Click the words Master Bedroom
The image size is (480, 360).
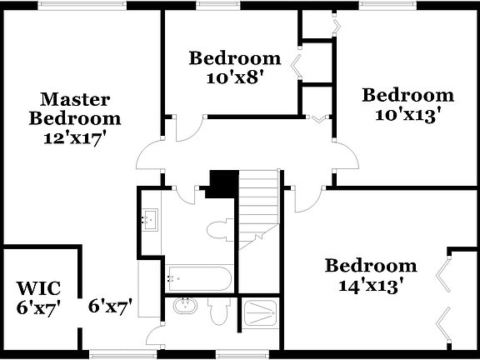tap(75, 109)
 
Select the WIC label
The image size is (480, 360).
tap(38, 289)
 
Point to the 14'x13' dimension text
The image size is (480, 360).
tap(371, 285)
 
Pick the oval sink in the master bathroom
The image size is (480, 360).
tap(184, 307)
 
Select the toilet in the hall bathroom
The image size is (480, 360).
tap(220, 230)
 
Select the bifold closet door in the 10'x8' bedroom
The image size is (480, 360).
tap(297, 63)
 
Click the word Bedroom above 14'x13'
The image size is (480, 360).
tap(371, 267)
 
